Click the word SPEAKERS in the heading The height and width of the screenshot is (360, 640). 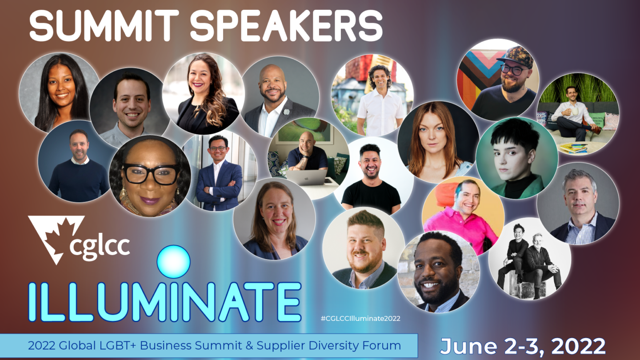point(287,25)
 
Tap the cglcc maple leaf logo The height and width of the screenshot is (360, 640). point(56,238)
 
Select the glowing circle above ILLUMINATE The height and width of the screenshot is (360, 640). point(174,261)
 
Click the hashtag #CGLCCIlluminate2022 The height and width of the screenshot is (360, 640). point(360,318)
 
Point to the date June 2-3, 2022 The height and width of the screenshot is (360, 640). point(523,346)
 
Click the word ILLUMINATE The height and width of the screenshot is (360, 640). point(164,301)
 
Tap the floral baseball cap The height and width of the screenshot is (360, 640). point(516,56)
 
